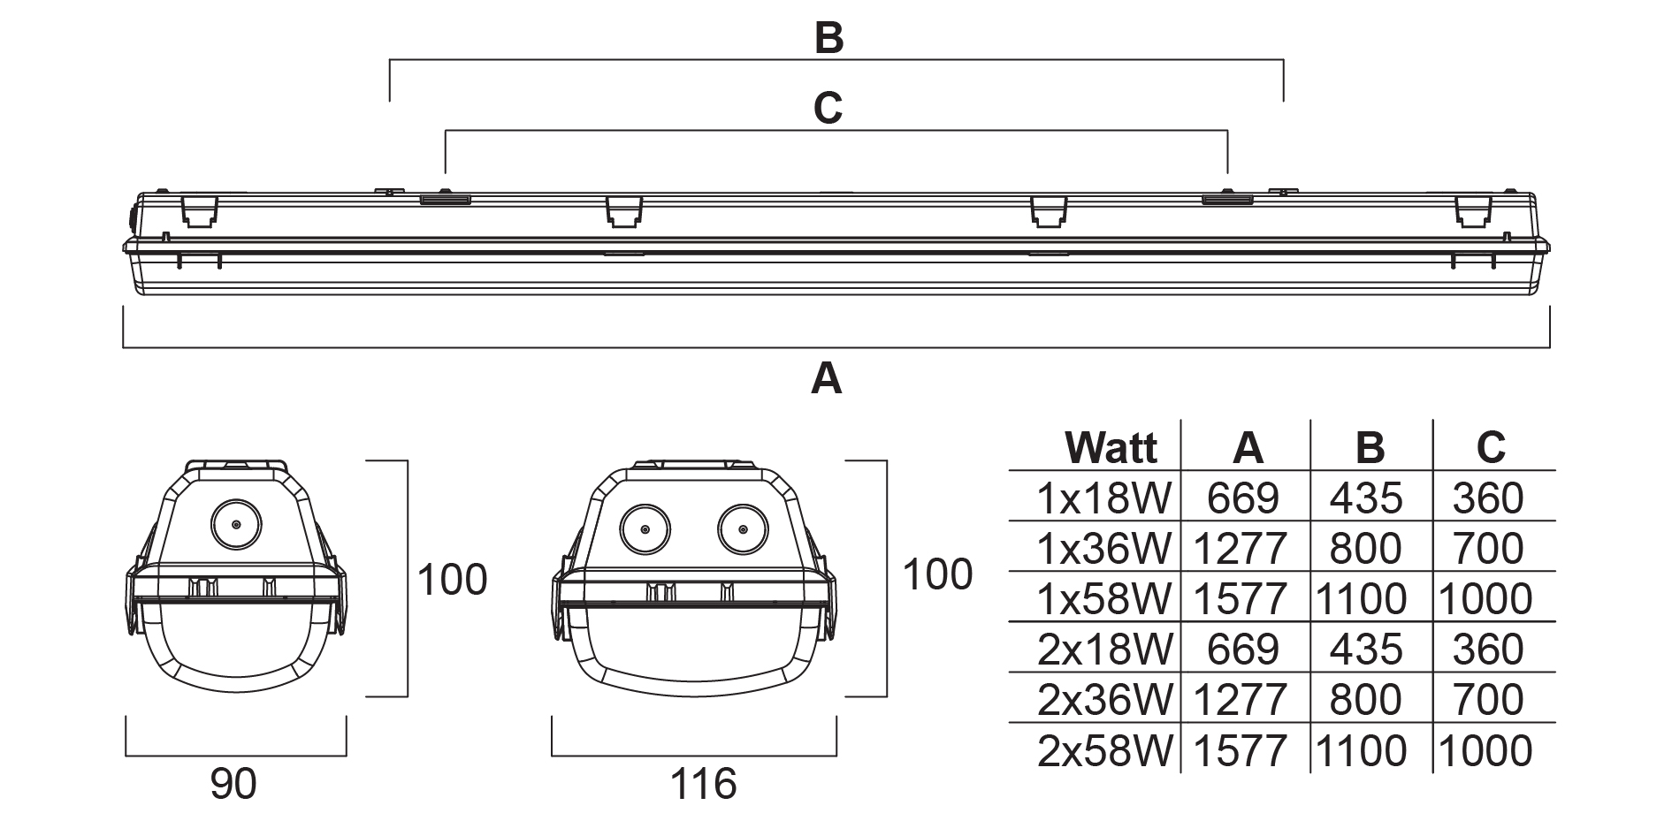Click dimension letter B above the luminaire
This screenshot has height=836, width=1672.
tap(828, 38)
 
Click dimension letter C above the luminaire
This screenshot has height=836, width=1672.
tap(828, 108)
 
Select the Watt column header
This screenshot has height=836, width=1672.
tap(1111, 447)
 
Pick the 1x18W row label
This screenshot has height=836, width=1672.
tap(1104, 498)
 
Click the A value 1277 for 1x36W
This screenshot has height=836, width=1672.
tap(1241, 549)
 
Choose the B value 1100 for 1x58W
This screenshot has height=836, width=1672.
tap(1362, 599)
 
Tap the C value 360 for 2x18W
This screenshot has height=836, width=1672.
tap(1488, 650)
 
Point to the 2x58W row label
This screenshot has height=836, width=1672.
tap(1104, 751)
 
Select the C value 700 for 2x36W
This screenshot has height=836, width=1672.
tap(1488, 700)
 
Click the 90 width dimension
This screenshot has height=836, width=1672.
tap(234, 783)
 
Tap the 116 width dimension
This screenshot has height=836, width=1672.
tap(703, 783)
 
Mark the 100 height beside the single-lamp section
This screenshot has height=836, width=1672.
tap(452, 580)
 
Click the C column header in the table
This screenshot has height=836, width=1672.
tap(1491, 447)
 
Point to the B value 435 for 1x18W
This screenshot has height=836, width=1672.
tap(1366, 498)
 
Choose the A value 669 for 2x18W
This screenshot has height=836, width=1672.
tap(1243, 650)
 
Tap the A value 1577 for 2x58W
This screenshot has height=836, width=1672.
tap(1241, 751)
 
